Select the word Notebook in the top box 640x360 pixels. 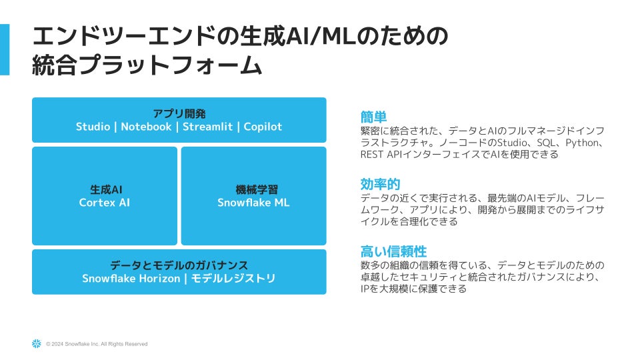click(x=146, y=127)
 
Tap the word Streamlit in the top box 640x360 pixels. click(x=207, y=127)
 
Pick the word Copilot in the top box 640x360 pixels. click(x=263, y=127)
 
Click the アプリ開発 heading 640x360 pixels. click(x=179, y=113)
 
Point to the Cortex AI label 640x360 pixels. click(x=105, y=203)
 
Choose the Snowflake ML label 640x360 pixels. click(x=253, y=203)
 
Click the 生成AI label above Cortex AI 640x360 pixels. click(x=105, y=189)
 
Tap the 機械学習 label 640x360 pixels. click(x=253, y=189)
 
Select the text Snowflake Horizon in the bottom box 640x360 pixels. click(x=131, y=278)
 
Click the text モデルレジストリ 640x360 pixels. click(x=233, y=278)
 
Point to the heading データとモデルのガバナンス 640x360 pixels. click(x=179, y=265)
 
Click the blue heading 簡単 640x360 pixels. click(x=373, y=116)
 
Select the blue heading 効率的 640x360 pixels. click(x=380, y=184)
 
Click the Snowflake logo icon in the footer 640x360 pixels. click(x=36, y=343)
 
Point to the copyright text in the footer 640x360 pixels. click(x=97, y=344)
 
